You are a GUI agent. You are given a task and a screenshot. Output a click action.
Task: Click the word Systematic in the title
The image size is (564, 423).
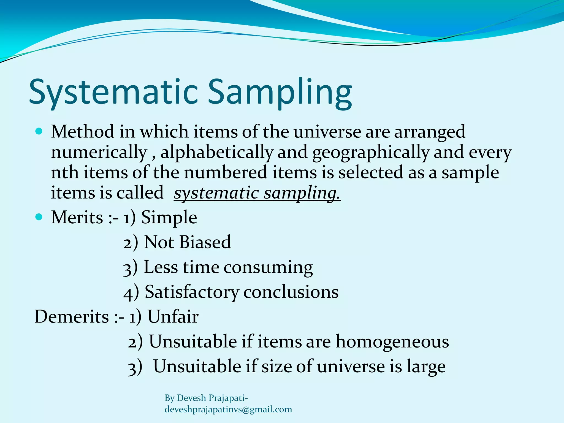[x=113, y=92]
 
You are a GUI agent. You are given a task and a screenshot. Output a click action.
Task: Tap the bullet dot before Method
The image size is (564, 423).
[x=39, y=131]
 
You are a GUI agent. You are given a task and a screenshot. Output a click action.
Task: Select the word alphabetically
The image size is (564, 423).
[x=217, y=152]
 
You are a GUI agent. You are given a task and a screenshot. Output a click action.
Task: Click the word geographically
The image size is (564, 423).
[x=371, y=152]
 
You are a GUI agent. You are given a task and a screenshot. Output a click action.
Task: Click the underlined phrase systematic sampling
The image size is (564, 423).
[x=257, y=193]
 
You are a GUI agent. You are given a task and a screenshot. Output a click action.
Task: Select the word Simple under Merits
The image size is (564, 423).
[x=169, y=218]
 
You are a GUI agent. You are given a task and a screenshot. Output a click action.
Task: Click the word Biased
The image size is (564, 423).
[x=205, y=242]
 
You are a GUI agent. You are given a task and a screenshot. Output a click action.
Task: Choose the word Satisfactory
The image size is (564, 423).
[x=192, y=292]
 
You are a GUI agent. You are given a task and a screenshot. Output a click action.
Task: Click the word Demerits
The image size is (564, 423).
[x=72, y=317]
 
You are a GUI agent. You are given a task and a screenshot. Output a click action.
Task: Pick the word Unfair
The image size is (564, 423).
[x=173, y=317]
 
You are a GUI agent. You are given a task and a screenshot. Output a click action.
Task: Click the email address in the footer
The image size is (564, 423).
[x=228, y=410]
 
